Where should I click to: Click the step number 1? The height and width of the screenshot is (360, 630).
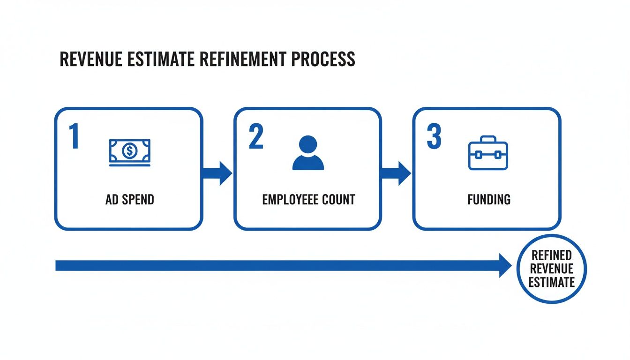(74, 136)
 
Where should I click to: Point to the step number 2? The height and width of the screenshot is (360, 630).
(255, 136)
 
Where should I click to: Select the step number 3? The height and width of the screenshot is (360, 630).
(434, 136)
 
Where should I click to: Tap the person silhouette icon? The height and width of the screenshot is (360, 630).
(308, 153)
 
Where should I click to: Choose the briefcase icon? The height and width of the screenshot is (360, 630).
(488, 153)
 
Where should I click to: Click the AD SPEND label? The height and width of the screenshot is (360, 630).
(130, 200)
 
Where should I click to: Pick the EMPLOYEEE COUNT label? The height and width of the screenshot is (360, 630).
(308, 200)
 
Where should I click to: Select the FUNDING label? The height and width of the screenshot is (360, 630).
(489, 200)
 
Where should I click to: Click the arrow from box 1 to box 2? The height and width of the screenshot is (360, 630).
(217, 173)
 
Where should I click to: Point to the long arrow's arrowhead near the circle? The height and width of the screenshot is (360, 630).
(505, 265)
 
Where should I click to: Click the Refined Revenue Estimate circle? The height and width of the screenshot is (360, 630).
(551, 269)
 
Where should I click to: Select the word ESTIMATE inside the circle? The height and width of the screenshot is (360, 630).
(551, 282)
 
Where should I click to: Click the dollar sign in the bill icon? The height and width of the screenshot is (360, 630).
(129, 150)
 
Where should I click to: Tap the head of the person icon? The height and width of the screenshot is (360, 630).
(308, 143)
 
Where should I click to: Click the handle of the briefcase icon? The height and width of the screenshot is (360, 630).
(488, 139)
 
